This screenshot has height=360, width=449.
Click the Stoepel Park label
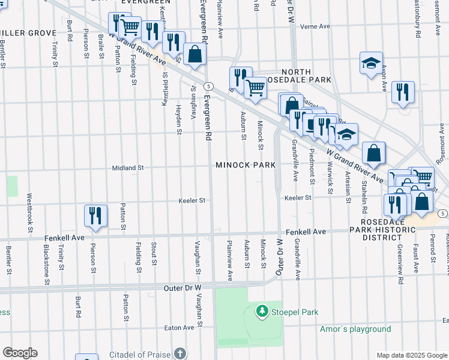click(294, 312)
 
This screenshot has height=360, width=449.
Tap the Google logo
click(20, 353)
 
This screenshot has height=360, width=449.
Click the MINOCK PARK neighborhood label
click(246, 165)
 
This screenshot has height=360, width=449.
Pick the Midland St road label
click(127, 169)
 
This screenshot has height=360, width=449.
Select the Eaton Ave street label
click(179, 328)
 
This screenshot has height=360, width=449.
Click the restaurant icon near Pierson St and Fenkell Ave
click(95, 215)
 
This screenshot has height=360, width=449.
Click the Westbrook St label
click(29, 209)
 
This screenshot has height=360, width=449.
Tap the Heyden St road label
click(179, 119)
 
